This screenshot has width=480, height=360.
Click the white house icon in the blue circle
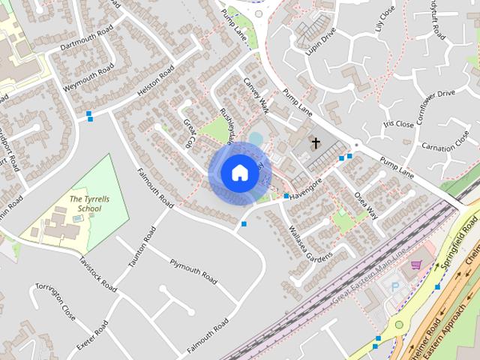pos(239,172)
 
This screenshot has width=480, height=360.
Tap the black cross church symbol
pos(316,142)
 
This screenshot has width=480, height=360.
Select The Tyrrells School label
pos(85,203)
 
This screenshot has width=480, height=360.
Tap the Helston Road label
pos(156,82)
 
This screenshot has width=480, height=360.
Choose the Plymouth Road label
pos(193,271)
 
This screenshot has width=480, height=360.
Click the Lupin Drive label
pos(321,42)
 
